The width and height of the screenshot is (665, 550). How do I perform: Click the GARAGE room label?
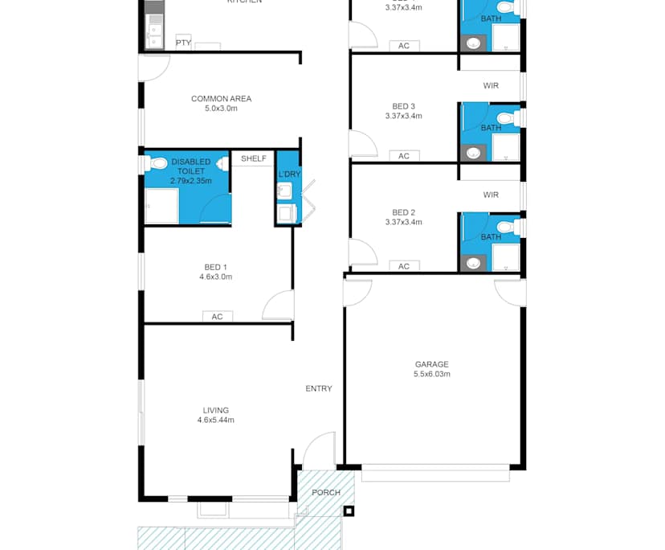431,363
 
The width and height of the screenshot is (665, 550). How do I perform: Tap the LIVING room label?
216,408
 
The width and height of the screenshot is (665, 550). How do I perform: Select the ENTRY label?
319,388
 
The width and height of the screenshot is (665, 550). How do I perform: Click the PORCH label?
326,492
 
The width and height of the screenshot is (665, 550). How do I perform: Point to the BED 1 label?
215,267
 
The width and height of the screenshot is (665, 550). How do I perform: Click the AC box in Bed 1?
217,317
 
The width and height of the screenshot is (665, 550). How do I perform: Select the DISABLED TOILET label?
190,166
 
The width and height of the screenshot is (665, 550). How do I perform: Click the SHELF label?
253,158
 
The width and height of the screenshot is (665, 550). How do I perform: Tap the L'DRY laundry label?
288,174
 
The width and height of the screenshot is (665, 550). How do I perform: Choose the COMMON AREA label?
221,99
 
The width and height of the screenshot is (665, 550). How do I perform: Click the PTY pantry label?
183,43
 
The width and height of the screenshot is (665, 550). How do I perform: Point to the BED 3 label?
403,106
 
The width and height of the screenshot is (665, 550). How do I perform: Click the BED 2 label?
403,212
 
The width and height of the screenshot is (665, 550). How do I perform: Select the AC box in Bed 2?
404,266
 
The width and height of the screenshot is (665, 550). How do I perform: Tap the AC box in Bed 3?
404,156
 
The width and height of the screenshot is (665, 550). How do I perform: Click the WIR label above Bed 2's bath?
491,195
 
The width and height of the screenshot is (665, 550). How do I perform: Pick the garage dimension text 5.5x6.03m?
431,374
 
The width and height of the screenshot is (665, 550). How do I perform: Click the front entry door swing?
319,450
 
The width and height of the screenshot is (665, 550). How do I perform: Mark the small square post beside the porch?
348,510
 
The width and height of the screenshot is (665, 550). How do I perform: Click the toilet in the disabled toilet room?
157,163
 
